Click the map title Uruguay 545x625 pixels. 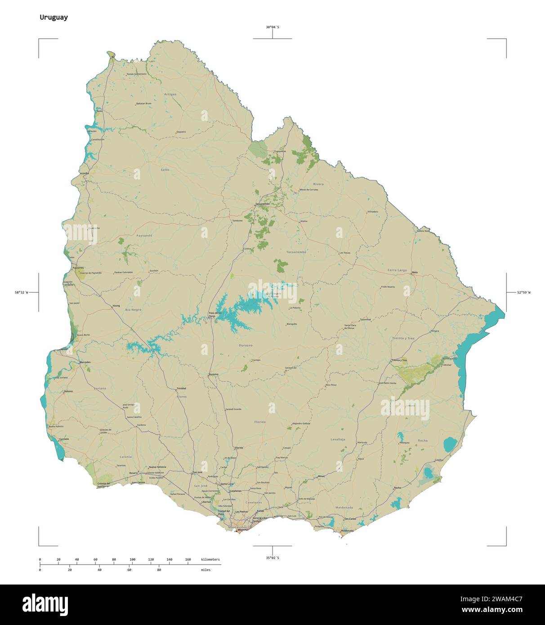click(54, 18)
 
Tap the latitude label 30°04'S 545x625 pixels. click(272, 27)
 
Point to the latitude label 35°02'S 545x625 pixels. click(272, 558)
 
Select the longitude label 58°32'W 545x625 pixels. click(21, 293)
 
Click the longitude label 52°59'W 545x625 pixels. click(523, 293)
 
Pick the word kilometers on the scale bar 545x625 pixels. click(210, 559)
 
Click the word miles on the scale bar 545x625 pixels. click(205, 570)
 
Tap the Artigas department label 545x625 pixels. click(170, 94)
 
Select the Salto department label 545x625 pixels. click(165, 170)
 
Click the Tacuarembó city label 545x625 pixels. click(262, 204)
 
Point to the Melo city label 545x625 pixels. click(415, 272)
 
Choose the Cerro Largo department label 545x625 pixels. click(397, 270)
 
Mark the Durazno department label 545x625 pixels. click(246, 345)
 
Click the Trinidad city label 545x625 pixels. click(181, 388)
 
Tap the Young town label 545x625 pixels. click(116, 306)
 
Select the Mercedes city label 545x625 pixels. click(85, 362)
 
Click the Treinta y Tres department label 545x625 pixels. click(403, 338)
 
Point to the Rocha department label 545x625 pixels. click(423, 441)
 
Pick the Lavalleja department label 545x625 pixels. click(338, 439)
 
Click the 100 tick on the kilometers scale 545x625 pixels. click(132, 559)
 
